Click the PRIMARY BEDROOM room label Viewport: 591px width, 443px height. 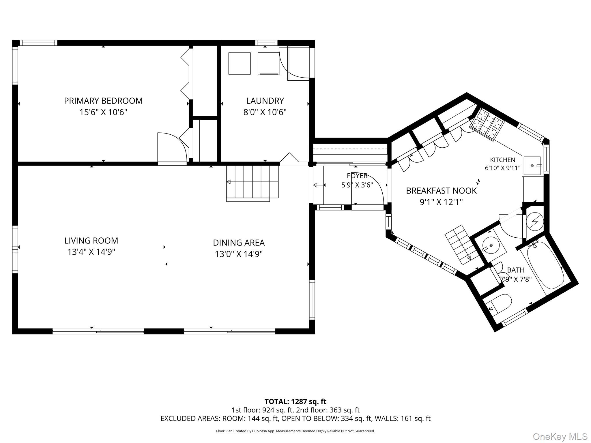coord(103,101)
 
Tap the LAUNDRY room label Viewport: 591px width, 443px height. coord(265,101)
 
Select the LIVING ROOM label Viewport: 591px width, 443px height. coord(91,241)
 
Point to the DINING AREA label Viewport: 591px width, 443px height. coord(239,243)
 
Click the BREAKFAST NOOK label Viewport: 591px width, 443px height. coord(441,191)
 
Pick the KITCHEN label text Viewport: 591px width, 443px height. coord(502,160)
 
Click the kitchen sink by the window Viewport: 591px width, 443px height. coord(532,166)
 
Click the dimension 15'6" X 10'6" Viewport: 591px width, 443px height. coord(103,112)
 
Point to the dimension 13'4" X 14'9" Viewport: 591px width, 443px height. coord(91,252)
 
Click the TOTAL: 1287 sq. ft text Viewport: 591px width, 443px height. coord(295,401)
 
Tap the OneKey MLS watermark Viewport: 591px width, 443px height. coord(560,437)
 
